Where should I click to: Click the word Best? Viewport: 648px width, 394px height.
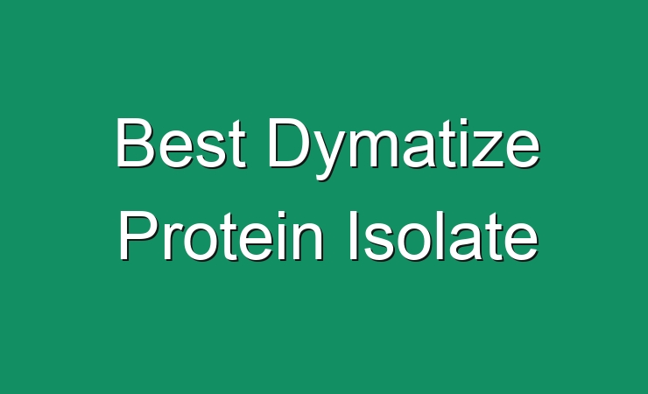(181, 143)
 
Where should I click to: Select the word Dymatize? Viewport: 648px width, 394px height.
(405, 148)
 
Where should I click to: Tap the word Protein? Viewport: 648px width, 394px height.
(221, 236)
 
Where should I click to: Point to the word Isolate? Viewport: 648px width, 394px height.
(444, 236)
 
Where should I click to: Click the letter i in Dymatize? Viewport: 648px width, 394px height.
(460, 143)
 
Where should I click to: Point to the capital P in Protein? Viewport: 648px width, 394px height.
(139, 236)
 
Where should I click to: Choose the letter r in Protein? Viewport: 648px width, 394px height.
(174, 241)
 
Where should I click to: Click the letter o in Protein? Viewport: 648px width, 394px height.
(202, 242)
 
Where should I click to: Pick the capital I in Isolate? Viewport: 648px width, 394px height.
(354, 236)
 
